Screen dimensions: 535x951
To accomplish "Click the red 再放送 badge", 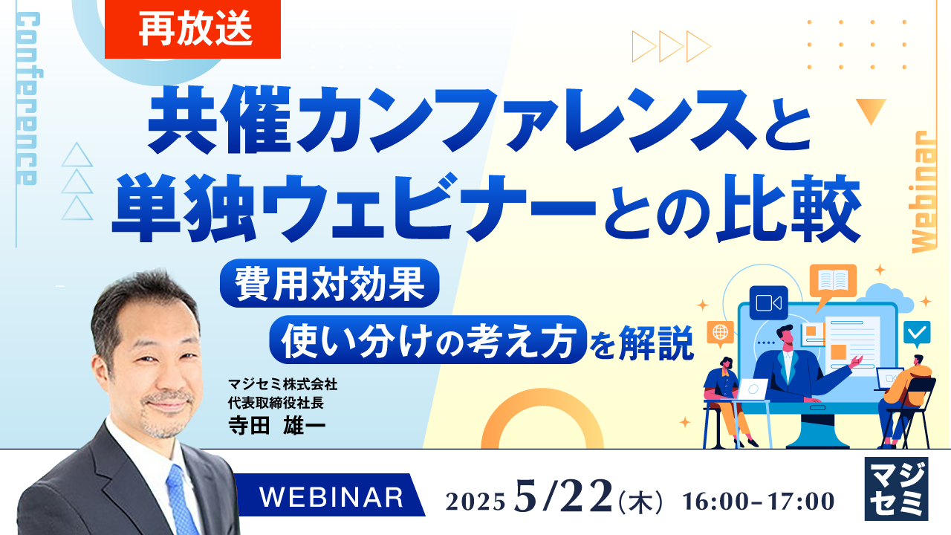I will [192, 29].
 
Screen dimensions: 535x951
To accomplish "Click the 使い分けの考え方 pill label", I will [428, 340].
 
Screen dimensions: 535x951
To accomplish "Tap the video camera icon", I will [768, 302].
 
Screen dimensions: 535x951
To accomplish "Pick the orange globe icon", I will [720, 333].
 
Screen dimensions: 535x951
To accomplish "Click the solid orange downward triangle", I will [870, 111].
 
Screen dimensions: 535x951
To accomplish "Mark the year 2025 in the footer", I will [476, 502].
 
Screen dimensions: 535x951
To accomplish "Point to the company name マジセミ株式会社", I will [283, 385].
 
